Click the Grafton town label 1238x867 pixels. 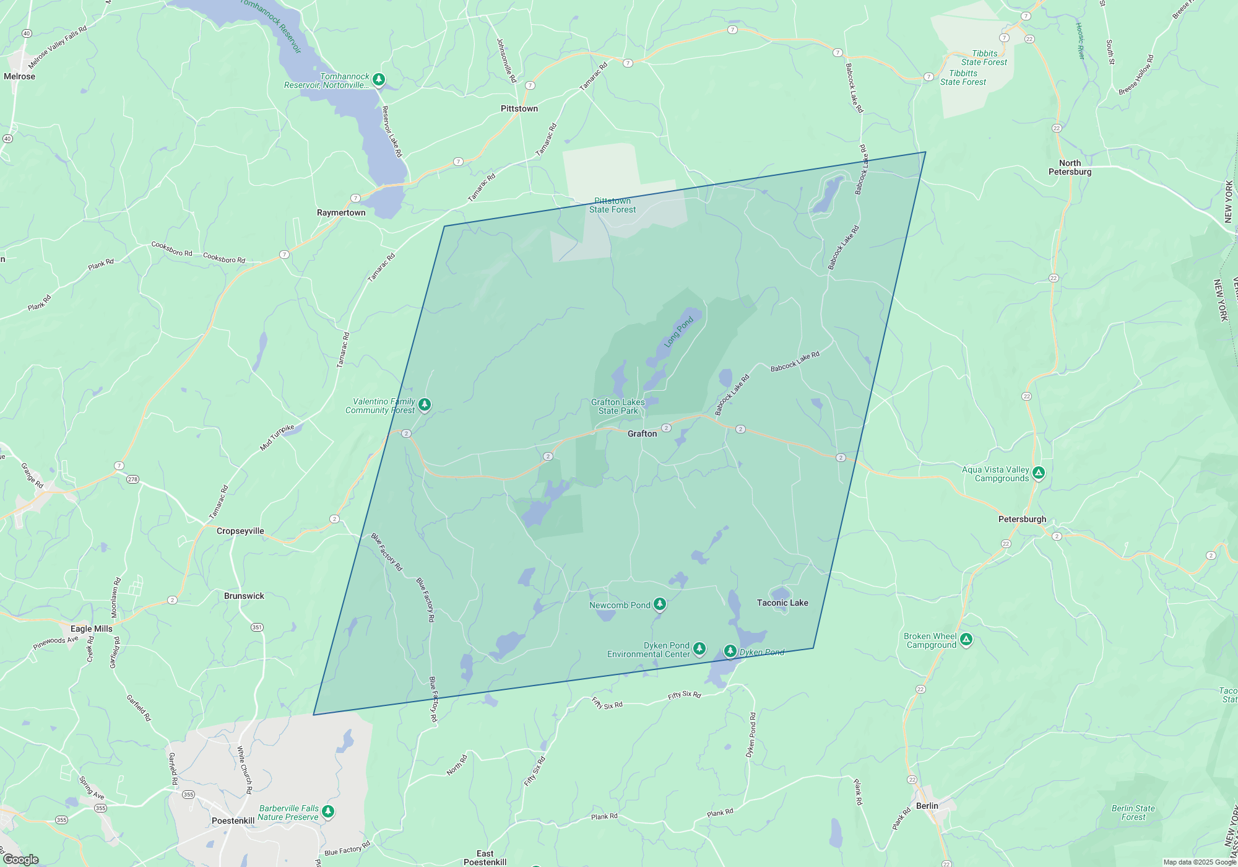[642, 434]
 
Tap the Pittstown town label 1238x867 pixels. [519, 108]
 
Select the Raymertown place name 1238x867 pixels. [341, 212]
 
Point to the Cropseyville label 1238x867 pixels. [240, 531]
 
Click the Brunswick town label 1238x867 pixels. [244, 596]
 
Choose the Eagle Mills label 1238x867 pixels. [92, 629]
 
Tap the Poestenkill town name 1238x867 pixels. [233, 821]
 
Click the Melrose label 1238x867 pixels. [19, 76]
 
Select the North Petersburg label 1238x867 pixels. [1070, 167]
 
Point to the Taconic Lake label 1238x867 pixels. [782, 603]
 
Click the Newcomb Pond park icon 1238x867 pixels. [660, 603]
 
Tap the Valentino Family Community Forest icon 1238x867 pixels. [425, 404]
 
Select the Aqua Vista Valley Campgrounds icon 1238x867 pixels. [1039, 473]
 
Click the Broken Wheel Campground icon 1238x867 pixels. [966, 639]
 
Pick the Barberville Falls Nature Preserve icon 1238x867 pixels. [328, 811]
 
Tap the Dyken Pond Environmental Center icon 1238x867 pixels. [699, 648]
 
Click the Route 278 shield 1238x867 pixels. [132, 479]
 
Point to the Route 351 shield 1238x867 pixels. [257, 627]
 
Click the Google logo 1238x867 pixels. [21, 860]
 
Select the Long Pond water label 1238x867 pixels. [678, 332]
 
